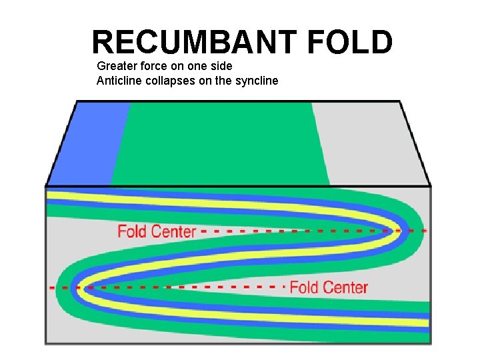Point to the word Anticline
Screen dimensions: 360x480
(x=119, y=81)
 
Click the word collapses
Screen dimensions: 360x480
(x=168, y=81)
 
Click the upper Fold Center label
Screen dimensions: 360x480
(x=157, y=231)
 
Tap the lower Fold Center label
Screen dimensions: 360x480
(x=329, y=287)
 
